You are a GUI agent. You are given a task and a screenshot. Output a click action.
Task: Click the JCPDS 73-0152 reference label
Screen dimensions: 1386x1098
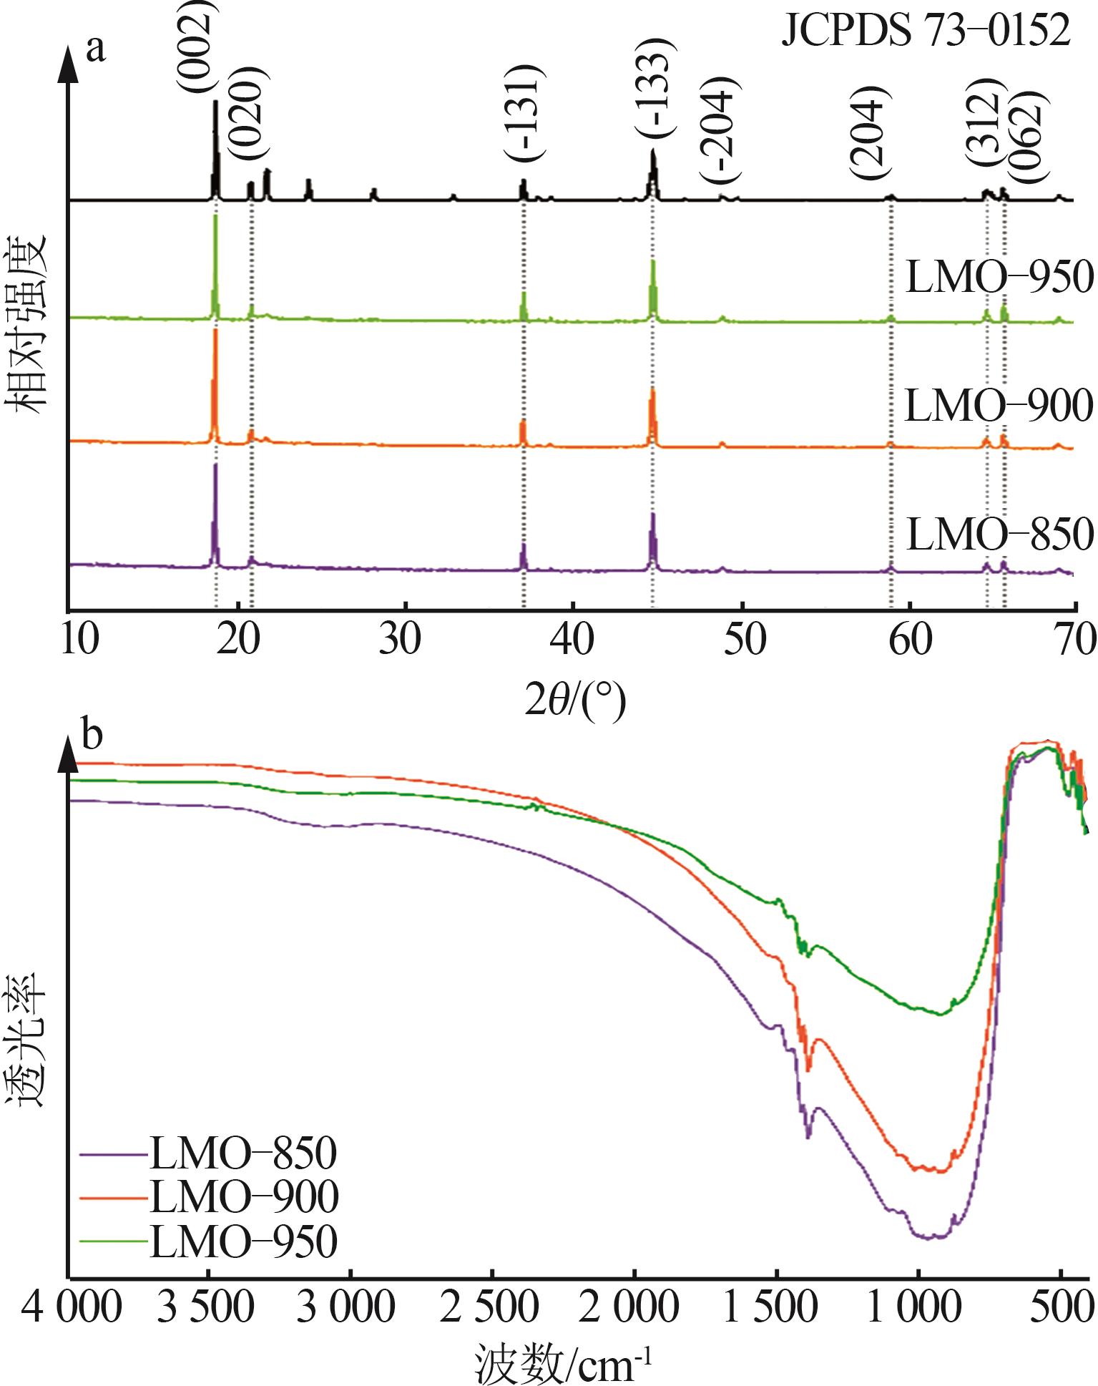click(926, 32)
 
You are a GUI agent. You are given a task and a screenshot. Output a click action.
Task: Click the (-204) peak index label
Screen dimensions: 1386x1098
click(720, 129)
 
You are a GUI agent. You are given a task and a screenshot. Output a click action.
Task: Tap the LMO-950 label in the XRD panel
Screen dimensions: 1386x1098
click(999, 277)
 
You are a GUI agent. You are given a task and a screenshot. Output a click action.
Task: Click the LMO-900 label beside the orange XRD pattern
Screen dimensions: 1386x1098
click(999, 406)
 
